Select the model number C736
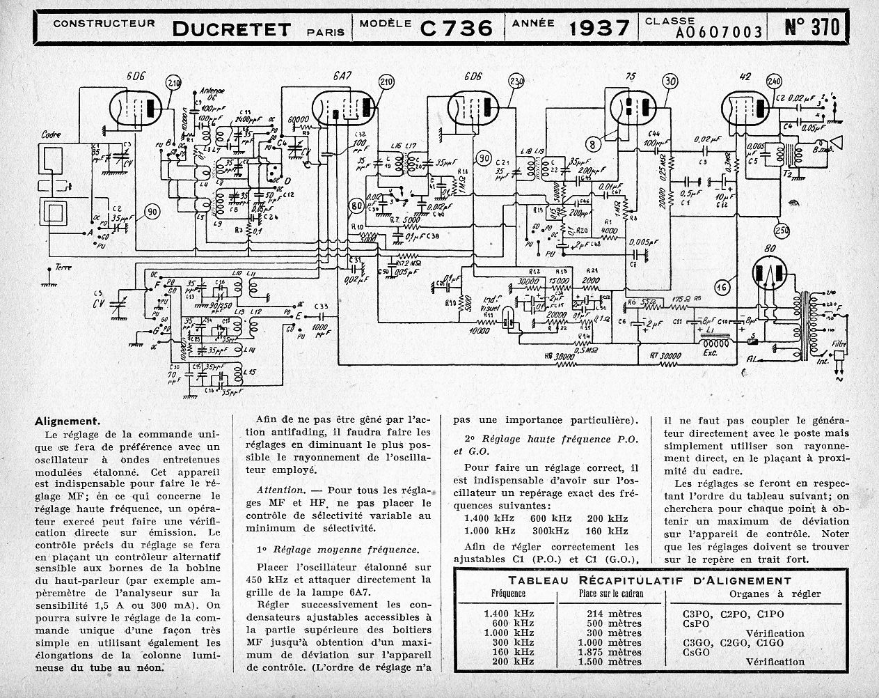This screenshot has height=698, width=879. [x=457, y=27]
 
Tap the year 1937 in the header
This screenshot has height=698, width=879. [x=599, y=27]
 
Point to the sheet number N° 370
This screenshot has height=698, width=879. [x=811, y=26]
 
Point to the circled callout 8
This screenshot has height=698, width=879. [x=593, y=145]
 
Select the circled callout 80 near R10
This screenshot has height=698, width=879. [x=357, y=205]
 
